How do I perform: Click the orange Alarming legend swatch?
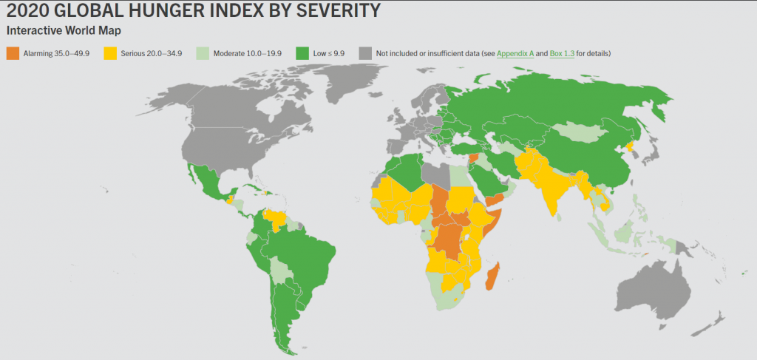[13, 53]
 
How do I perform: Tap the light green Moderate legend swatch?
[203, 53]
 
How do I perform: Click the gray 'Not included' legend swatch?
[364, 53]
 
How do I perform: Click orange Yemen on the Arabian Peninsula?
[494, 199]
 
